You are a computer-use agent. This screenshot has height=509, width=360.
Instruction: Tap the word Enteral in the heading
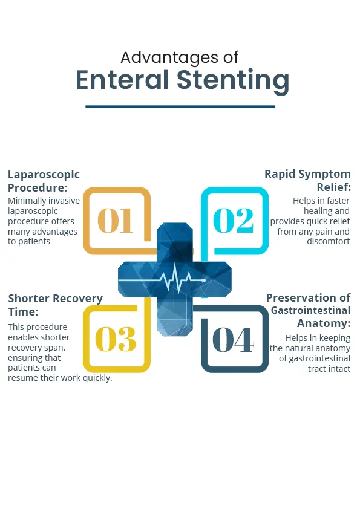pyautogui.click(x=122, y=80)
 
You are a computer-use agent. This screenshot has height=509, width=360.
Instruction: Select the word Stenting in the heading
pyautogui.click(x=232, y=81)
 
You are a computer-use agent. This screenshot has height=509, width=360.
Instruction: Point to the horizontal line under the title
pyautogui.click(x=180, y=106)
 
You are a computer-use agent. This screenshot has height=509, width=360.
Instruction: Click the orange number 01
pyautogui.click(x=116, y=221)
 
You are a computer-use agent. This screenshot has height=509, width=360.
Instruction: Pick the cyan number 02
pyautogui.click(x=234, y=221)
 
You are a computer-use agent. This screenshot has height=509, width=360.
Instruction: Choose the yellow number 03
pyautogui.click(x=116, y=339)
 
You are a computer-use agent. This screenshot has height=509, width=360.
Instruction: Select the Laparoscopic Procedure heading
pyautogui.click(x=44, y=181)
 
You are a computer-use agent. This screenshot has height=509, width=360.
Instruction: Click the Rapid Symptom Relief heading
pyautogui.click(x=307, y=181)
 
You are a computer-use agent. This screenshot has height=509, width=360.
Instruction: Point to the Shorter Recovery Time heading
pyautogui.click(x=55, y=305)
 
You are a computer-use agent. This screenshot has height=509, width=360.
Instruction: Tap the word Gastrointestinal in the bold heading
pyautogui.click(x=310, y=310)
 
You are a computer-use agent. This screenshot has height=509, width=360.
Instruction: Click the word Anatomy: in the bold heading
pyautogui.click(x=324, y=323)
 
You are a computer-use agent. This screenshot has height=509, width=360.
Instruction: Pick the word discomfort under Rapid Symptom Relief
pyautogui.click(x=329, y=241)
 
